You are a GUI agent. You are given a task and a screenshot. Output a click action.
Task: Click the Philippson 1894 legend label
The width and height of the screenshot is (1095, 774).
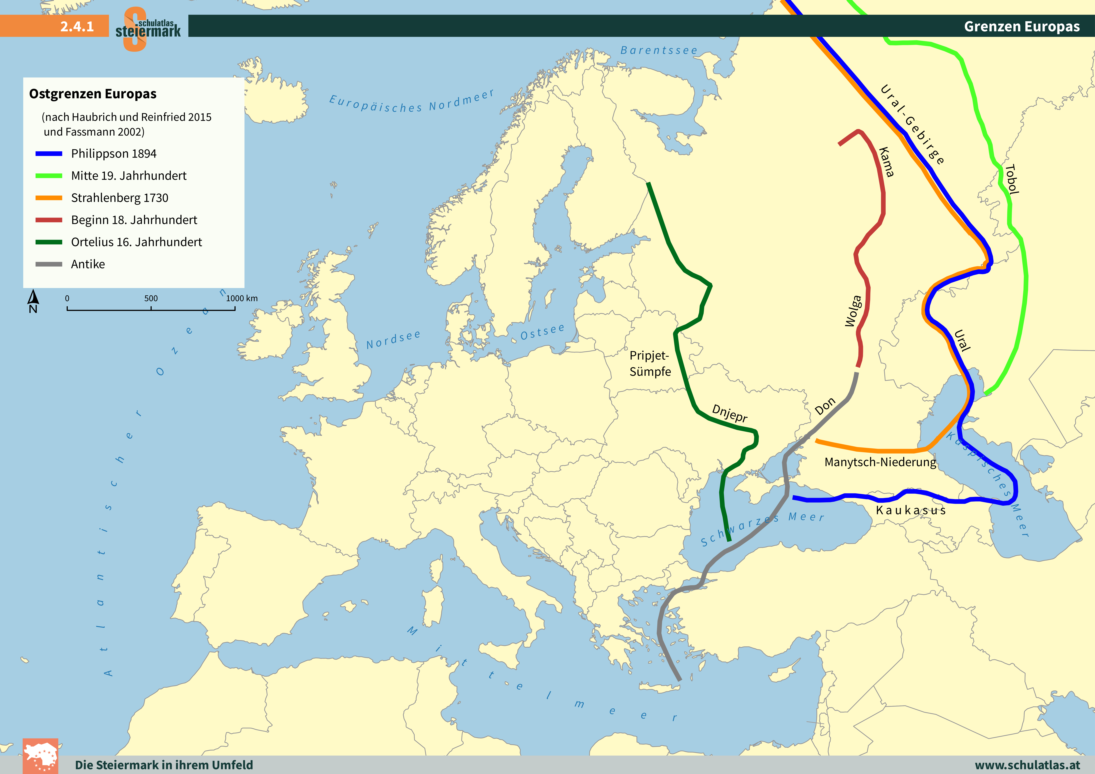point(113,154)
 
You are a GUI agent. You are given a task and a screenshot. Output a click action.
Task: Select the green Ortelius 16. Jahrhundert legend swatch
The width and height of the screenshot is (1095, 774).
point(49,242)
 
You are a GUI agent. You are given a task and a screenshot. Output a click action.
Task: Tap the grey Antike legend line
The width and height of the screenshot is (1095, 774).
point(49,264)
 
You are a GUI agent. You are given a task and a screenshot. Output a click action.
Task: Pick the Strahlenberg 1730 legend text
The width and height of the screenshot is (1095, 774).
point(119,198)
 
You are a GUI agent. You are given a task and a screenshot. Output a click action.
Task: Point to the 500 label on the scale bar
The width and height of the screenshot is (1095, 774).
point(151,299)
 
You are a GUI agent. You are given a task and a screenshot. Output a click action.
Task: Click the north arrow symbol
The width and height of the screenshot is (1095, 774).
point(33,300)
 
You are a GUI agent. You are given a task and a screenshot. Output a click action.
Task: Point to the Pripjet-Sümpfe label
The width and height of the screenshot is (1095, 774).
point(650,363)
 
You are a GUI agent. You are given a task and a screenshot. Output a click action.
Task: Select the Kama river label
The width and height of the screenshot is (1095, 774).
point(886,162)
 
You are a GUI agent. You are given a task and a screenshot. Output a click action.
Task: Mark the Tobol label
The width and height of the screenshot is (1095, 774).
point(1011,179)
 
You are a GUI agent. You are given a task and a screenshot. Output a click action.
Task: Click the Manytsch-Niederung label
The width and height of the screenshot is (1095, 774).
point(880,462)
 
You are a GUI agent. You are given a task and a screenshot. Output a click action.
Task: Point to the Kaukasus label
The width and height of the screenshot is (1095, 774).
point(910,510)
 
